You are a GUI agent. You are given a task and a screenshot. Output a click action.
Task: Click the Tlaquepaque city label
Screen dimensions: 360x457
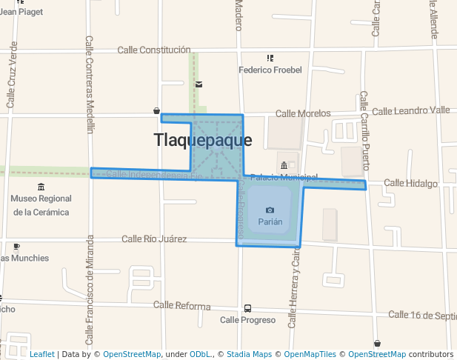click(x=202, y=140)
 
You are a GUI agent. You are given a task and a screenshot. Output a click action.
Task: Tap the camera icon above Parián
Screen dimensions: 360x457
click(x=270, y=210)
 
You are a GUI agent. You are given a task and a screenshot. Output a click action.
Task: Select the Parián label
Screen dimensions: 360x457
click(x=270, y=221)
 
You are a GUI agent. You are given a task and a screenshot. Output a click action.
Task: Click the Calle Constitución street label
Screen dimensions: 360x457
click(x=154, y=50)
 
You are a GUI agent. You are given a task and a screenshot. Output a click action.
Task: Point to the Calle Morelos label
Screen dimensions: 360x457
click(x=303, y=113)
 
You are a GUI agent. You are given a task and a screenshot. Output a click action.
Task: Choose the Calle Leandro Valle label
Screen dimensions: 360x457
click(x=410, y=110)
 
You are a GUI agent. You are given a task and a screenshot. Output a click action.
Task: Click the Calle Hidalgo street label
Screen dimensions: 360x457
click(x=410, y=183)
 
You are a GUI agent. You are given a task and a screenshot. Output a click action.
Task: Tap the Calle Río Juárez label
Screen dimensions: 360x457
click(x=154, y=239)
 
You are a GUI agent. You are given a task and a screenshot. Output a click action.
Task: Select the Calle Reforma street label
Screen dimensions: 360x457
click(x=181, y=306)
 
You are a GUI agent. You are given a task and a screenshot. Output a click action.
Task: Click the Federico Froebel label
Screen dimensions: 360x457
click(x=270, y=70)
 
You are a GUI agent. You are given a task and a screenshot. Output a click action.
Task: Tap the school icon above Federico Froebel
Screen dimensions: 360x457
click(x=270, y=58)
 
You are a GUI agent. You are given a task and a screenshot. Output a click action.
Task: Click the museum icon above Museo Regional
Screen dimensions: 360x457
click(x=41, y=187)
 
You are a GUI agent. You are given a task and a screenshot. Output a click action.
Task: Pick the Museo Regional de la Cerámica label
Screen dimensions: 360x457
click(x=41, y=205)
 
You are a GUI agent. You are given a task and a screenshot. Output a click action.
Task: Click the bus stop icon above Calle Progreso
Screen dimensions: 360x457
click(x=247, y=308)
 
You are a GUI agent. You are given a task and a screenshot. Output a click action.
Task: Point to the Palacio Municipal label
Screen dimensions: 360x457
click(x=284, y=178)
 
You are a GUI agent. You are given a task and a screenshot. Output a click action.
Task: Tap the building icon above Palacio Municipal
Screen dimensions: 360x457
click(x=284, y=165)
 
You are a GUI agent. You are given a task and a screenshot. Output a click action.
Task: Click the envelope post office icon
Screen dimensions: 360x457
click(x=199, y=84)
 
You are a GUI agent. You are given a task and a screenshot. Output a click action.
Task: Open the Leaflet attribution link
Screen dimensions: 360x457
click(x=42, y=354)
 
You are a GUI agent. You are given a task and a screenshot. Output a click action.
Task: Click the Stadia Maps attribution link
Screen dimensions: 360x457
click(x=249, y=354)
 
